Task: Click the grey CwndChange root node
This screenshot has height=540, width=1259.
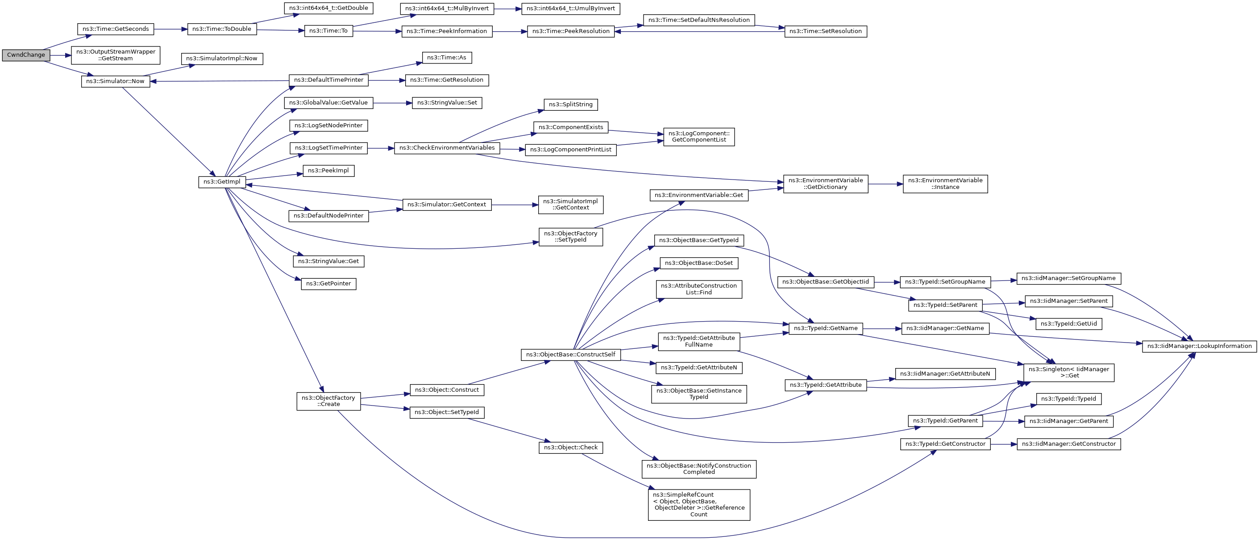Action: (x=25, y=55)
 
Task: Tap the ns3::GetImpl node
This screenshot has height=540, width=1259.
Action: (x=221, y=182)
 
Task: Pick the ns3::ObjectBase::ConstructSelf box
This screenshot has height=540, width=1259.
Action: (x=570, y=355)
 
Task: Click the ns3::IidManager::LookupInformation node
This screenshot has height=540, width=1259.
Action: (x=1199, y=346)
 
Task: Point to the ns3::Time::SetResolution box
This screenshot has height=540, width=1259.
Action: (x=825, y=31)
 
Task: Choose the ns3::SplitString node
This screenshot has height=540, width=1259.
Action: (x=570, y=105)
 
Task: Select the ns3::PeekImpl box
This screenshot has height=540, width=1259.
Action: (x=328, y=171)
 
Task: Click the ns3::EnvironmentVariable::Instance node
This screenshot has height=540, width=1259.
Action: (x=945, y=184)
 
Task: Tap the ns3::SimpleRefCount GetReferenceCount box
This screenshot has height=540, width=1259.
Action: (x=698, y=505)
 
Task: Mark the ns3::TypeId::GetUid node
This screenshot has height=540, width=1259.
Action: (x=1068, y=324)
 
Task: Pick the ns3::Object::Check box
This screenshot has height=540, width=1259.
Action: (x=570, y=448)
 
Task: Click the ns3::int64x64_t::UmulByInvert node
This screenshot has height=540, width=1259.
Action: (x=570, y=8)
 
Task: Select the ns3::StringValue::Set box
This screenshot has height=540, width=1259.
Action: (x=447, y=103)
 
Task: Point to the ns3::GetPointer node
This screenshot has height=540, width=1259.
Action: (x=328, y=284)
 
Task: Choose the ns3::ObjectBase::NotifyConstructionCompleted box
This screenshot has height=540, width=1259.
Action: (x=698, y=469)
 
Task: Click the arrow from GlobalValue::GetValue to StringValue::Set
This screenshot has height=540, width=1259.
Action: (x=392, y=103)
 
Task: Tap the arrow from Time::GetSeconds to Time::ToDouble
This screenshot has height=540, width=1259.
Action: (x=170, y=29)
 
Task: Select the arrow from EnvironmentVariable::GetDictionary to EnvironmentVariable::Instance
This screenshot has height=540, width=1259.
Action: (x=885, y=184)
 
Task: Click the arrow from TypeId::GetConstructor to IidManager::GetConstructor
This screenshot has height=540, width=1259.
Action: (x=1003, y=444)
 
